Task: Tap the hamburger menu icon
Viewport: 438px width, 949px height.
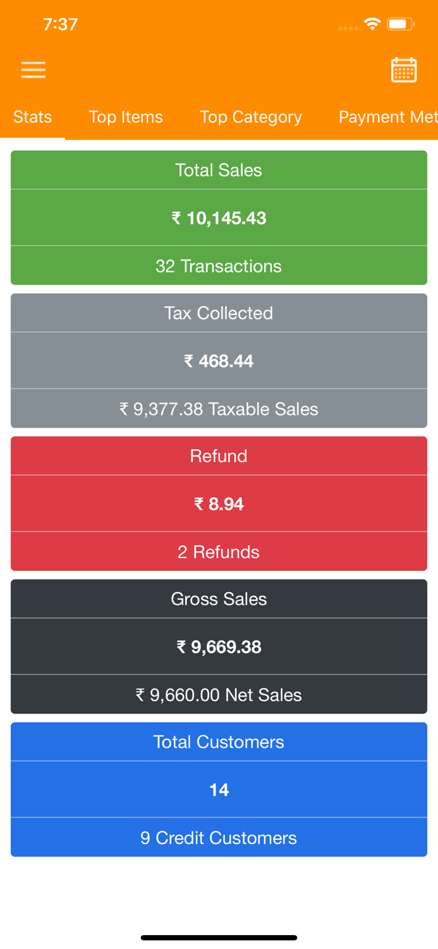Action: (x=33, y=70)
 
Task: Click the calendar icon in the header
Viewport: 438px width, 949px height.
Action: (x=404, y=70)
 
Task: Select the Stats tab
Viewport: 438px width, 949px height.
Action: (x=32, y=117)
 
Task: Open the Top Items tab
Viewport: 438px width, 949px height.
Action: (x=126, y=117)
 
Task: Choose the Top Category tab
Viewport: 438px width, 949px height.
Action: (x=251, y=117)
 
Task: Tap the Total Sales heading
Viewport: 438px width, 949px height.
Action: (x=219, y=170)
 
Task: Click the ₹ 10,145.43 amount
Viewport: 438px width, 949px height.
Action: (x=219, y=218)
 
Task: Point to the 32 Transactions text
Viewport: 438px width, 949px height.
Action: (x=219, y=266)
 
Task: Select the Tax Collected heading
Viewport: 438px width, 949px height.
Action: (x=219, y=313)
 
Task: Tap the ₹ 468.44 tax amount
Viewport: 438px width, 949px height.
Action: (x=219, y=361)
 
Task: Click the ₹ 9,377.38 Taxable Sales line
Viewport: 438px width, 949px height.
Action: (x=219, y=409)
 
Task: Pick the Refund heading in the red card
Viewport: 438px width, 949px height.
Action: (x=219, y=456)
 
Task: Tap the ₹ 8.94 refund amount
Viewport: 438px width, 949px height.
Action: (x=219, y=504)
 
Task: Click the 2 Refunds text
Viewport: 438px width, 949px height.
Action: (x=219, y=552)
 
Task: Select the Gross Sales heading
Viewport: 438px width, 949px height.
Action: (x=219, y=599)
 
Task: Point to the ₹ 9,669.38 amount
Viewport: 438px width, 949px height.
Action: (x=219, y=647)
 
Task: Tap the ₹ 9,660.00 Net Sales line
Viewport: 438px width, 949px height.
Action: (x=219, y=695)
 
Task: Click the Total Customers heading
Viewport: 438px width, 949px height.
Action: (x=219, y=742)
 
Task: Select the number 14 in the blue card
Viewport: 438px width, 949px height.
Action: (x=219, y=790)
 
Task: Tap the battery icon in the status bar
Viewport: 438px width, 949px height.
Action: (x=400, y=25)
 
